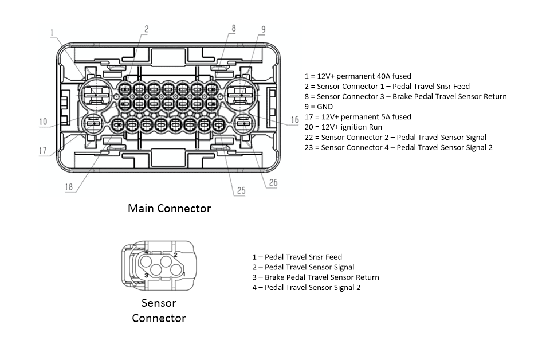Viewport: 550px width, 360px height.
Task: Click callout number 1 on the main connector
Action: (x=52, y=33)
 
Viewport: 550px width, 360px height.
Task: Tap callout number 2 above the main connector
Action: (x=146, y=29)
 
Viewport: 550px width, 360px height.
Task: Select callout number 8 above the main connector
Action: (x=233, y=28)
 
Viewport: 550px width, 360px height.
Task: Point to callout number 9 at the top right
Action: (x=263, y=29)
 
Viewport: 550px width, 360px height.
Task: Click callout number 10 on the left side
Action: (x=43, y=122)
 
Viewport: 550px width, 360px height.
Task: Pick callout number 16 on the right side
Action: (x=294, y=120)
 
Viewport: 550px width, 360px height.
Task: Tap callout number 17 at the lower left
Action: (x=43, y=151)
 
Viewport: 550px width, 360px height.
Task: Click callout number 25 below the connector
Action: (x=241, y=190)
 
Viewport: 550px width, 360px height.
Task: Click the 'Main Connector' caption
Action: (x=169, y=208)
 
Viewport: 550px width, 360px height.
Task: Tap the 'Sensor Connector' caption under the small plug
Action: (x=159, y=310)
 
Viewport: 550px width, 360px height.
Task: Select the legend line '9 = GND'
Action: (x=318, y=107)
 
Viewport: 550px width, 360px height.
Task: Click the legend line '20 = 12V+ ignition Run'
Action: (x=343, y=127)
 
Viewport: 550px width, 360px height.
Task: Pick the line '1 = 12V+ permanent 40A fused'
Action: (x=357, y=76)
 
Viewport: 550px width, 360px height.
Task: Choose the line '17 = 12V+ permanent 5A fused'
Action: (x=357, y=116)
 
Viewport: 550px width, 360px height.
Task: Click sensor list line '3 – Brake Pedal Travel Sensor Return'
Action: (x=316, y=277)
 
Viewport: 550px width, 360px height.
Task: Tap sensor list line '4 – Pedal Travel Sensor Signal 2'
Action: (x=307, y=288)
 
